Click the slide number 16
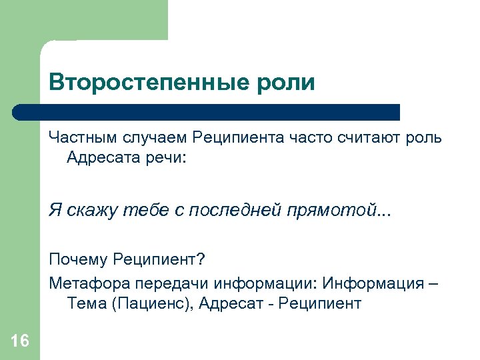click(20, 341)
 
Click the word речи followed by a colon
click(160, 158)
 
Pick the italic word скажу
click(87, 211)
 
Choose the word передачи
click(166, 283)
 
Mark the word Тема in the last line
click(87, 304)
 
